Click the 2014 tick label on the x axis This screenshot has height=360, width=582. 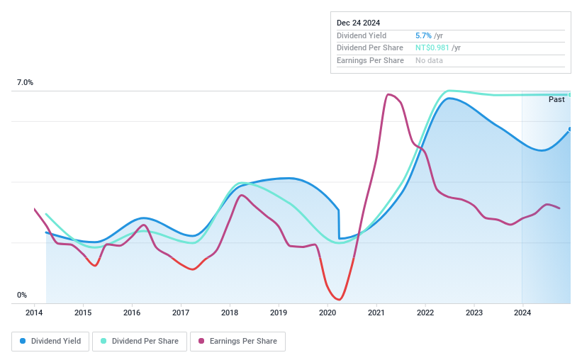(34, 313)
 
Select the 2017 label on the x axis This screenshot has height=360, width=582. (181, 313)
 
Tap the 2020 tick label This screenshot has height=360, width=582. (328, 313)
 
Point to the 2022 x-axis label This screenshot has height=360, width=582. (425, 313)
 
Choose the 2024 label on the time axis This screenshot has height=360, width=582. (522, 313)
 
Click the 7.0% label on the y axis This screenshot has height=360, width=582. (25, 83)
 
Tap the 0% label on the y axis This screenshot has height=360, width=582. (22, 295)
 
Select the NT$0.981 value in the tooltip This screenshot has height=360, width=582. (432, 48)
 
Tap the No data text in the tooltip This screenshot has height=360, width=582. (430, 61)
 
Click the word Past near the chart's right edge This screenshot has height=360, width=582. (556, 100)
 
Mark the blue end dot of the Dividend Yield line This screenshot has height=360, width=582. (570, 129)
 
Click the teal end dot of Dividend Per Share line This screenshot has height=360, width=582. (570, 94)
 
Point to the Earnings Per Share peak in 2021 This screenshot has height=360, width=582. (388, 94)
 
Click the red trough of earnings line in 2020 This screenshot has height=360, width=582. (340, 299)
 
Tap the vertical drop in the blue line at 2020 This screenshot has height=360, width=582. (339, 224)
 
